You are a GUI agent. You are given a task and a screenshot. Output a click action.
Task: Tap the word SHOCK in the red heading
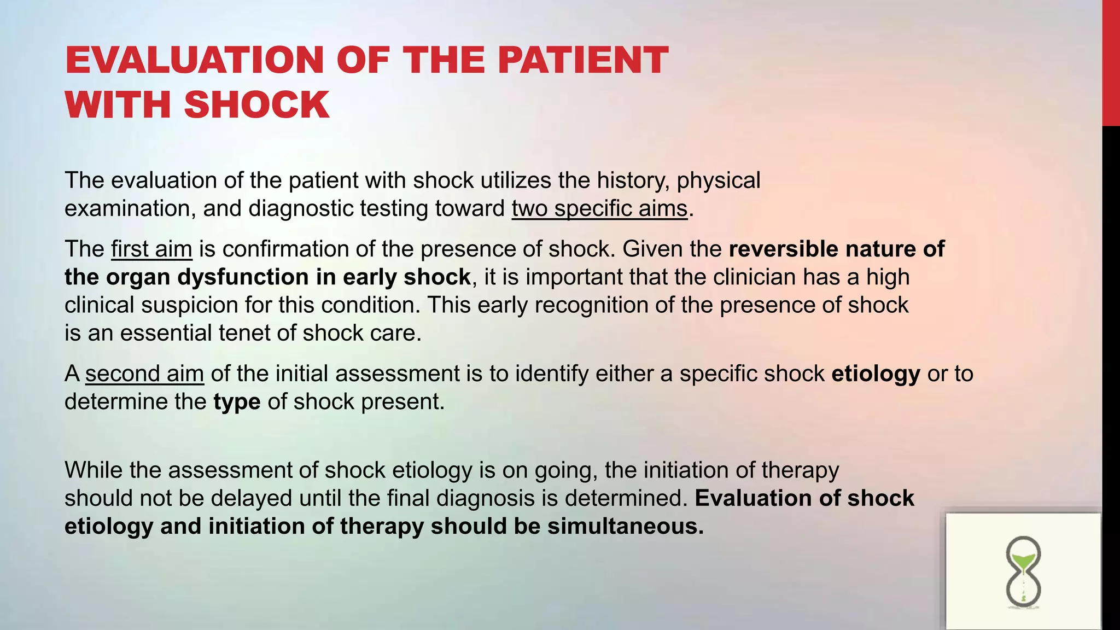(257, 104)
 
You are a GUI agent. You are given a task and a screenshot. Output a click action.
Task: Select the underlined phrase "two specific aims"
(599, 209)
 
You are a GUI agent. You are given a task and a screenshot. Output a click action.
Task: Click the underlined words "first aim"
(151, 249)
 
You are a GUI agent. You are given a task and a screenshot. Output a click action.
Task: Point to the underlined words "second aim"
(144, 374)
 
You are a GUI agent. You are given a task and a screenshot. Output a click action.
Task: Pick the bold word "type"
(237, 402)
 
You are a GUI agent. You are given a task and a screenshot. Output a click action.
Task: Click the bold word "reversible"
(783, 249)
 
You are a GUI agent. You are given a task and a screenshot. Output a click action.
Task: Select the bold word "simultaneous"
(625, 526)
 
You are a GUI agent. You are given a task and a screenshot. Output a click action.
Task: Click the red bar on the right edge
(1111, 63)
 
